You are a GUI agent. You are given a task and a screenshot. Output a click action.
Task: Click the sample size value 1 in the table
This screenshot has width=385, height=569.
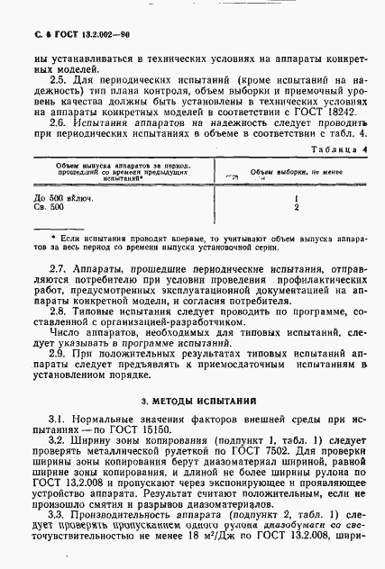coord(297,197)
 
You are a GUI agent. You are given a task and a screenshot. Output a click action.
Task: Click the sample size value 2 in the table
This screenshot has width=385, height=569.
coord(297,206)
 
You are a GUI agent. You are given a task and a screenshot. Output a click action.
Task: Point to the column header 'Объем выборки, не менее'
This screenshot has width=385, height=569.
coord(298,170)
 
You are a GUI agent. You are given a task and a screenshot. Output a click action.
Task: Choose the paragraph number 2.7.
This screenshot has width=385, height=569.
coord(59,269)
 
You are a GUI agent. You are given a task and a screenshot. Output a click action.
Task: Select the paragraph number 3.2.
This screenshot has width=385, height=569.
coord(59,441)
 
